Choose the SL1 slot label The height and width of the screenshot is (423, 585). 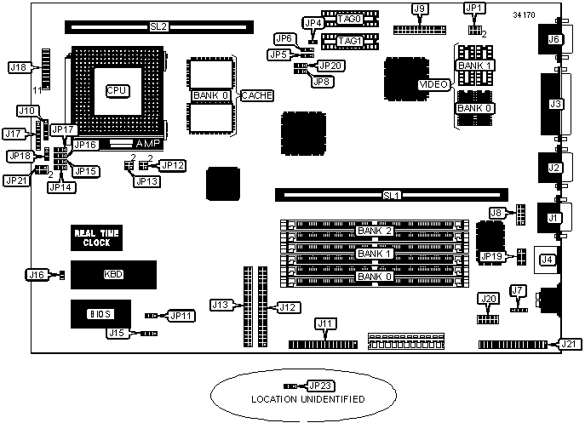(x=391, y=196)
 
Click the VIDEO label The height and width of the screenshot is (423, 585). (x=433, y=84)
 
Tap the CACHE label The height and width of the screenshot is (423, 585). (x=258, y=95)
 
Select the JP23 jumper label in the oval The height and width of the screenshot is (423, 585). (x=320, y=386)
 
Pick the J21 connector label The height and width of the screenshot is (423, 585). (x=568, y=344)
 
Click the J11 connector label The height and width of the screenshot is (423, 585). (x=325, y=323)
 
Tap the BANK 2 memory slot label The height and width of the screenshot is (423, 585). (x=376, y=231)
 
